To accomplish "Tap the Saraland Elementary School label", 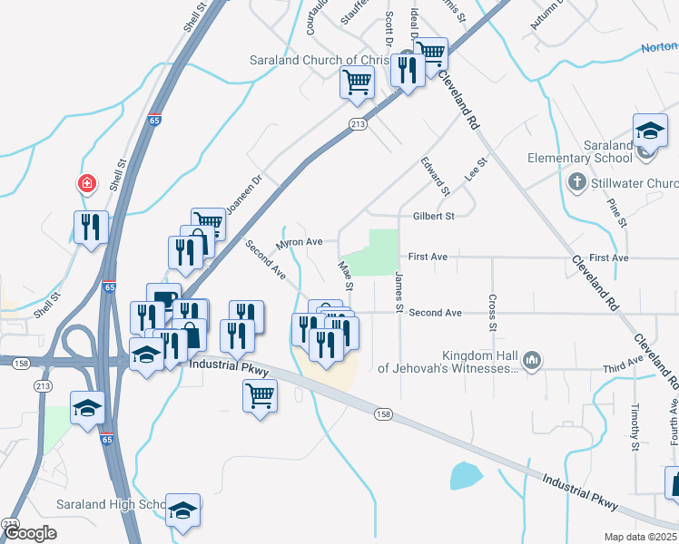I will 580,151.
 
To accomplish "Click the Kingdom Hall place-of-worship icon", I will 532,362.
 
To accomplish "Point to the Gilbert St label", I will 432,216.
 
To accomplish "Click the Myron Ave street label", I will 300,243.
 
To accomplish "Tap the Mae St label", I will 345,276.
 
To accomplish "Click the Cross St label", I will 492,313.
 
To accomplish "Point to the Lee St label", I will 476,168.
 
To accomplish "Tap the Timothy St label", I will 635,427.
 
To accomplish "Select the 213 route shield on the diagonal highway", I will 358,125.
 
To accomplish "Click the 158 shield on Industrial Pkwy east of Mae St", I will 384,413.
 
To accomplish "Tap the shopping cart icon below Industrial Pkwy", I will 260,395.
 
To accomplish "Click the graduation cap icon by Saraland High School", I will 182,510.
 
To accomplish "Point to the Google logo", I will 29,533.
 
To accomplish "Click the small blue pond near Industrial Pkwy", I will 465,475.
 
